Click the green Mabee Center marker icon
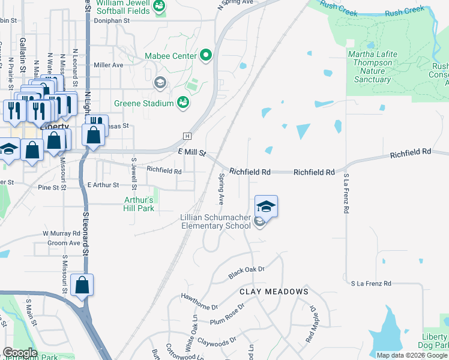(x=206, y=56)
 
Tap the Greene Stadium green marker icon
(x=183, y=104)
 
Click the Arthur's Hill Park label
(x=139, y=204)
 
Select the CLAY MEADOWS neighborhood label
(x=274, y=292)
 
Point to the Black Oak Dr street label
(x=246, y=272)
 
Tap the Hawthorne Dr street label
(x=198, y=302)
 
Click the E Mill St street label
(x=192, y=153)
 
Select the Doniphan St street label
(x=112, y=20)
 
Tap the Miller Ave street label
(x=108, y=65)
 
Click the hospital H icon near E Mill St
(x=187, y=135)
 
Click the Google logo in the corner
(x=19, y=353)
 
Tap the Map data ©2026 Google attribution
(x=411, y=355)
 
